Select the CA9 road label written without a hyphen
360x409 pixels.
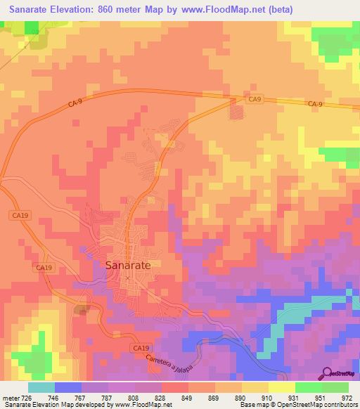(x=254, y=99)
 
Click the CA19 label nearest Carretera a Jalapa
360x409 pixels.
(x=141, y=348)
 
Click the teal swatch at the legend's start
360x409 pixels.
(x=41, y=387)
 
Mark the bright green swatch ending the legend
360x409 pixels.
(x=335, y=387)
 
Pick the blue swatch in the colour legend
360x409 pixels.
(x=68, y=387)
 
